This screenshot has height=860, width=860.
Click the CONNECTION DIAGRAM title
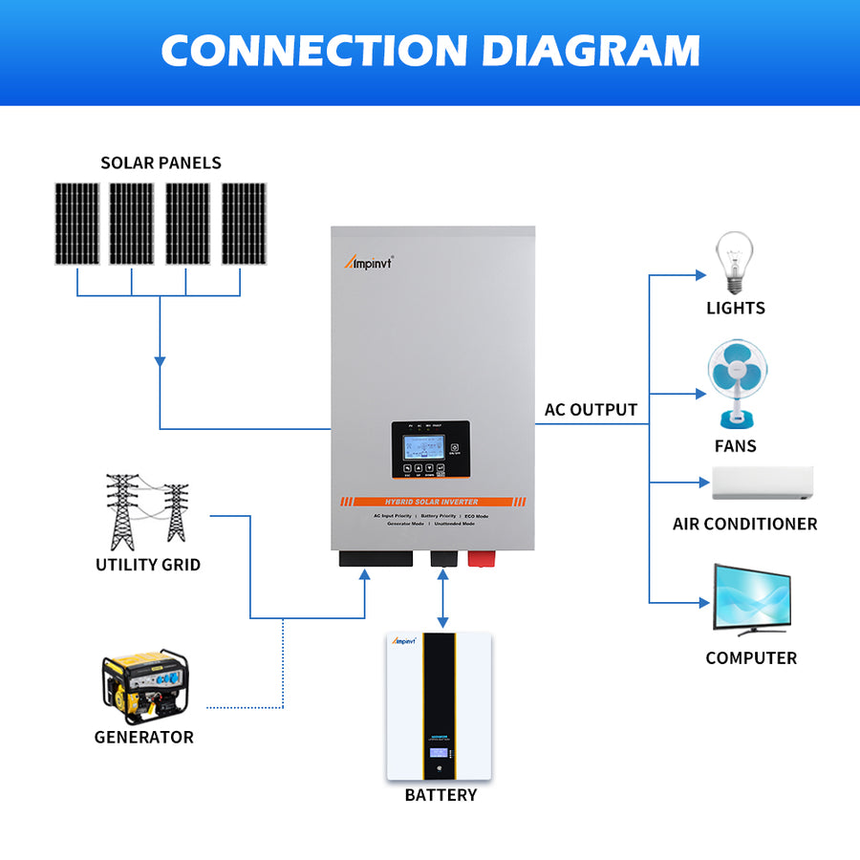(430, 50)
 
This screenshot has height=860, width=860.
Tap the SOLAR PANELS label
(161, 162)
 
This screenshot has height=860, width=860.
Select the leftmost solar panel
(76, 224)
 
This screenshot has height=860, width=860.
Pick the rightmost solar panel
(244, 224)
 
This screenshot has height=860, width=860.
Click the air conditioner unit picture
(762, 484)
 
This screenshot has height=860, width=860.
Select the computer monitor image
(751, 599)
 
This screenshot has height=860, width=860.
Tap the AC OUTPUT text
(591, 410)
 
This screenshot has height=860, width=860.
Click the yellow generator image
(145, 685)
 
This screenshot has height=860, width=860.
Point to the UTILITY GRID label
(148, 565)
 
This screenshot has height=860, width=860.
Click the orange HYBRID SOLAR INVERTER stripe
(433, 502)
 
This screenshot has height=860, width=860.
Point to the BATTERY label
(440, 795)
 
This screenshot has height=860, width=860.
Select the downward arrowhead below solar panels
(160, 361)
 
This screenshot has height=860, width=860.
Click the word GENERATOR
(143, 737)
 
